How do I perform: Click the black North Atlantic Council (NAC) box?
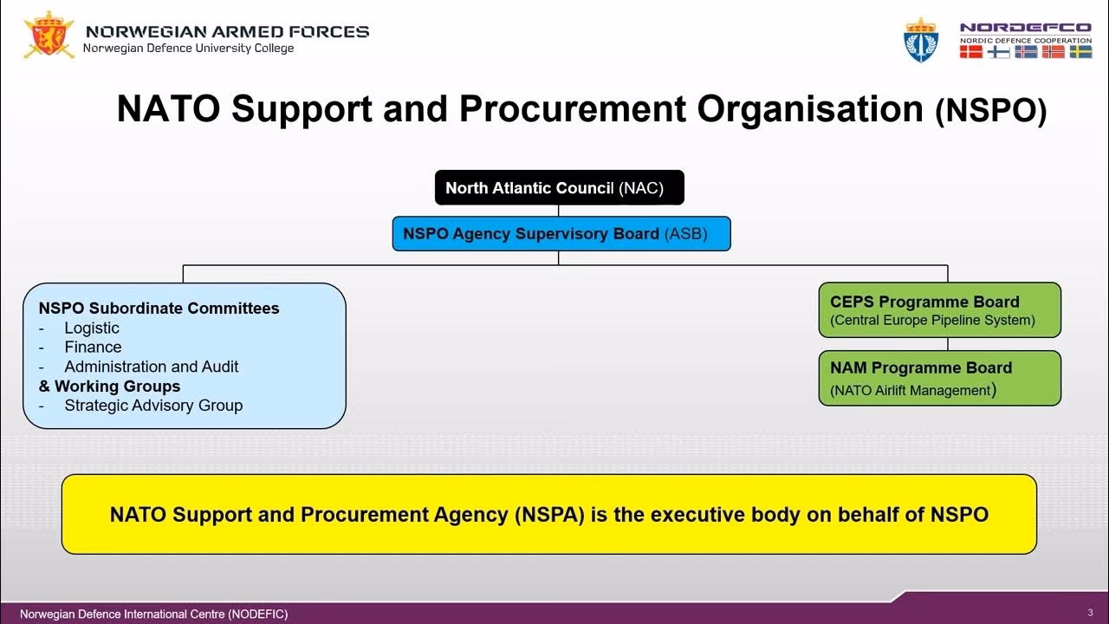click(559, 188)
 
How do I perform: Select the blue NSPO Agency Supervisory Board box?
click(561, 234)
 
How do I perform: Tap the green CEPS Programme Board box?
click(939, 309)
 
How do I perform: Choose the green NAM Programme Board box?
click(939, 378)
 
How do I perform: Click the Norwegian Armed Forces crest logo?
click(49, 36)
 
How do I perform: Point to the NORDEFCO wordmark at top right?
click(1025, 28)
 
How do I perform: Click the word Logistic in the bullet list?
click(92, 328)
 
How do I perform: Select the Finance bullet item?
click(93, 347)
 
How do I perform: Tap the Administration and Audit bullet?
click(151, 367)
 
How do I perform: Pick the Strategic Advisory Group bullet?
click(153, 405)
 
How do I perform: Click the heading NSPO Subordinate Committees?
click(159, 308)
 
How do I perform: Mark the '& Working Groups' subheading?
click(110, 386)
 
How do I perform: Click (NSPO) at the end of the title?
click(991, 112)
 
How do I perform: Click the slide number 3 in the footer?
click(1090, 612)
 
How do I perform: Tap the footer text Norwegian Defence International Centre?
click(153, 614)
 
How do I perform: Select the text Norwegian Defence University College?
click(188, 49)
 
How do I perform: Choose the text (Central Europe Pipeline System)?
click(932, 321)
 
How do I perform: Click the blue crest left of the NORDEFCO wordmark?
click(921, 40)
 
